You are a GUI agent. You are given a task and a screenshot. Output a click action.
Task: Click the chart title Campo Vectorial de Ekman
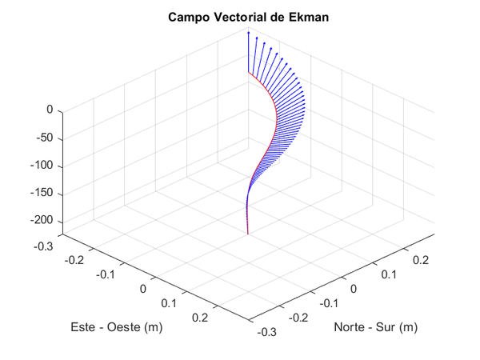(239, 17)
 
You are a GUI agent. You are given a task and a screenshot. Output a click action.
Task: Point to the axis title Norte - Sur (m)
(376, 327)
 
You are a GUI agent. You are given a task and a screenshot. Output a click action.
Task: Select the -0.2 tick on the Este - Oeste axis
(76, 259)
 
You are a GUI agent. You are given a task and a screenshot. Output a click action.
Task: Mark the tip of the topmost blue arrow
(248, 32)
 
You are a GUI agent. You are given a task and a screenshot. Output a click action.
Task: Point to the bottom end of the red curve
(247, 234)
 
